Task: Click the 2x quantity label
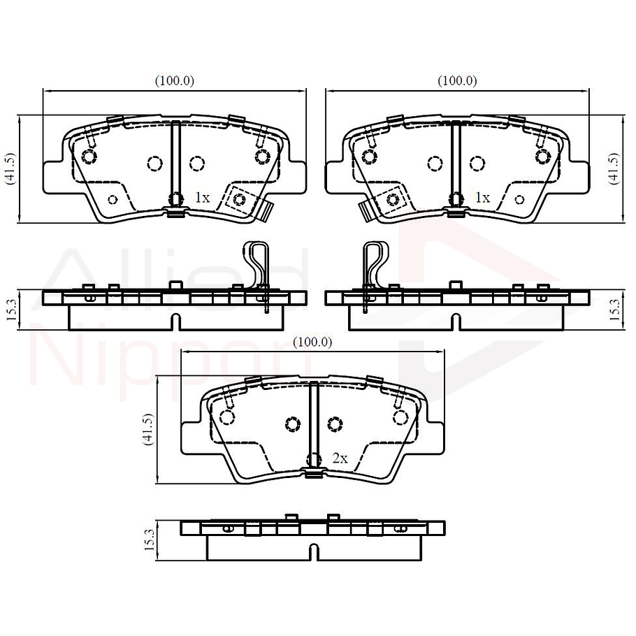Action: [340, 458]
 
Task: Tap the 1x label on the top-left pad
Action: [202, 198]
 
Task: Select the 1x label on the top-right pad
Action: [482, 198]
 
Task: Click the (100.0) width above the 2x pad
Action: [312, 342]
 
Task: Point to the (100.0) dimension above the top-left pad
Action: [174, 80]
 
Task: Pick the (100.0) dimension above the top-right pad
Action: [457, 80]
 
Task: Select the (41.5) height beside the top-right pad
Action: [614, 168]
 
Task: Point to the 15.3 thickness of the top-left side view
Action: [10, 308]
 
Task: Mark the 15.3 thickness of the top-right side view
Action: [614, 308]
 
